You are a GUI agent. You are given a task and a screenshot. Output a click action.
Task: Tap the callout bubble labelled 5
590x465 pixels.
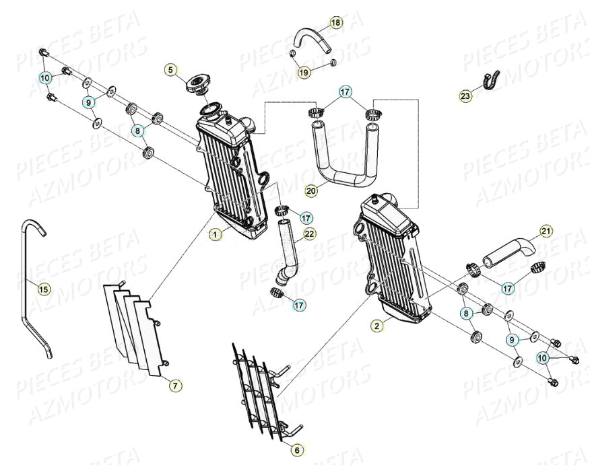[x=171, y=69]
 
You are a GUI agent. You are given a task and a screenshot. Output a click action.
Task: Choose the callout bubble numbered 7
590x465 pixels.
[x=174, y=386]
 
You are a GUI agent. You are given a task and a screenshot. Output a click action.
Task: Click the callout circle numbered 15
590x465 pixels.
[x=43, y=289]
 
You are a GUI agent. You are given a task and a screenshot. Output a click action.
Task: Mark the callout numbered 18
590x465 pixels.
[x=335, y=23]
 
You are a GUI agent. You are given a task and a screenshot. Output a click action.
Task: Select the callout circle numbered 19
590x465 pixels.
[x=304, y=72]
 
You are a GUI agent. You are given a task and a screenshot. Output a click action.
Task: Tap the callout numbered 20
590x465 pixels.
[x=310, y=191]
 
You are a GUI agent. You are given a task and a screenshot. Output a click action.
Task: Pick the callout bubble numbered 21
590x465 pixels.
[x=546, y=232]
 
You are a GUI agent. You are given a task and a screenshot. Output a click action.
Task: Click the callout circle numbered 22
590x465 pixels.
[x=309, y=234]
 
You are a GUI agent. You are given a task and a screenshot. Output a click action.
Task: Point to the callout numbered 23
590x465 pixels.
[x=466, y=96]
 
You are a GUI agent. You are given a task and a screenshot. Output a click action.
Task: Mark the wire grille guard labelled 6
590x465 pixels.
[x=259, y=390]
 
